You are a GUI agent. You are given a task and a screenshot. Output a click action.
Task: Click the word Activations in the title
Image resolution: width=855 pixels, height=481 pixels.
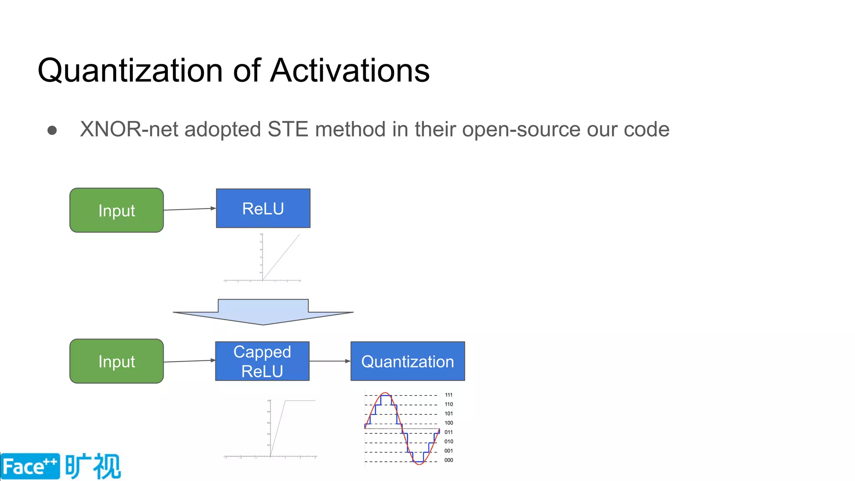[350, 70]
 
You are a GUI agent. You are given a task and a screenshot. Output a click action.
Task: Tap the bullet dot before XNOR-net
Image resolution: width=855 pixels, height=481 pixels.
[52, 130]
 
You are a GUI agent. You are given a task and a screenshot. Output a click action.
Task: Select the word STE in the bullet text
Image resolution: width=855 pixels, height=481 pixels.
[288, 129]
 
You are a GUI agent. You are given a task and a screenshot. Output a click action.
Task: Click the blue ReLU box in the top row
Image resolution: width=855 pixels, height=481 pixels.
[263, 208]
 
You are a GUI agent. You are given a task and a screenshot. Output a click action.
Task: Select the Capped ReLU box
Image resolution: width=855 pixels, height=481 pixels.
[262, 361]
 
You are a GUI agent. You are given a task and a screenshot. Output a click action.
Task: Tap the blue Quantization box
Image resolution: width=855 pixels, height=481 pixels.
[407, 361]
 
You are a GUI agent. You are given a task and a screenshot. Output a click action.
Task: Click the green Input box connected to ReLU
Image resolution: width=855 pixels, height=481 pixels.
[116, 210]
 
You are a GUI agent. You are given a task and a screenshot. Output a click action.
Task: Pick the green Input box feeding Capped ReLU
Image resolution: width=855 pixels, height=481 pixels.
[116, 361]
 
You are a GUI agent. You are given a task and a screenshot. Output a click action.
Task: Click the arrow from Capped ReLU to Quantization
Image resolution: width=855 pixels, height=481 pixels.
[329, 361]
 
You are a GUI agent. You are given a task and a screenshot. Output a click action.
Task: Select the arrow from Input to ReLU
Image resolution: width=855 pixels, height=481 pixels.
[190, 209]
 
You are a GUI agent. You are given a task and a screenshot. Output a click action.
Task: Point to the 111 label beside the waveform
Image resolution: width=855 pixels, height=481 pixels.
[449, 395]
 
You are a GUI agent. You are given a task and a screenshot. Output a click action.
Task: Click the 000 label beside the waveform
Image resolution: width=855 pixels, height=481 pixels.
[449, 460]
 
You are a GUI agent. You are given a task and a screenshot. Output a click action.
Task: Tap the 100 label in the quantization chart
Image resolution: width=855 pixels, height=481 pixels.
[449, 423]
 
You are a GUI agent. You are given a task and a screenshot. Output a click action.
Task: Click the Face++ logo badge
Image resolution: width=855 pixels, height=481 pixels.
[30, 466]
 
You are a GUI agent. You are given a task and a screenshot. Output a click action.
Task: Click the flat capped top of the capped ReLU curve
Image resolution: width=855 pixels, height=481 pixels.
[300, 401]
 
